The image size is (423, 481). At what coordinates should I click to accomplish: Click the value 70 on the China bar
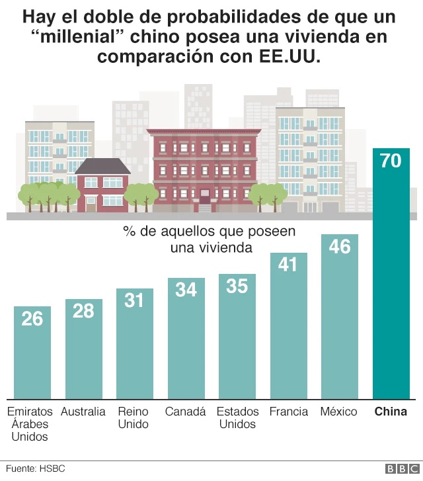point(391,160)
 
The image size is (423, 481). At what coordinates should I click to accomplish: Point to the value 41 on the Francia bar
point(288,264)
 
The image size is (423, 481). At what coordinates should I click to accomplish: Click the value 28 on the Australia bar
point(83,310)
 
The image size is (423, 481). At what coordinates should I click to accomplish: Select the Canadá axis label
point(186,412)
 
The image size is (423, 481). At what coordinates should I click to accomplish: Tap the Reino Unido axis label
point(134,417)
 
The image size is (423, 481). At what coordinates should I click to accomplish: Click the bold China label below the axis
point(391,412)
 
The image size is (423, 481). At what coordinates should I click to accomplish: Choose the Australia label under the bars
point(83,412)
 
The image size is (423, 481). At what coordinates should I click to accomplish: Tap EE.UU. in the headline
point(286,56)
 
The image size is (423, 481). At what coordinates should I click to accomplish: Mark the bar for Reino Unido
point(135,344)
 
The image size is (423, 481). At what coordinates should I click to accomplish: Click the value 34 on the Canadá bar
point(186,289)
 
